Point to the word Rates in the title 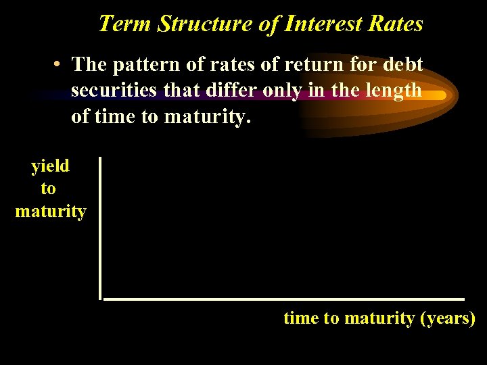pyautogui.click(x=396, y=24)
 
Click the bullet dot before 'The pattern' pyautogui.click(x=60, y=66)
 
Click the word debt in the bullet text pyautogui.click(x=402, y=65)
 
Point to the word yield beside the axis pyautogui.click(x=50, y=166)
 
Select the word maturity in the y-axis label pyautogui.click(x=51, y=212)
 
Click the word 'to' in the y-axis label pyautogui.click(x=49, y=189)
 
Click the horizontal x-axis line pyautogui.click(x=284, y=298)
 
